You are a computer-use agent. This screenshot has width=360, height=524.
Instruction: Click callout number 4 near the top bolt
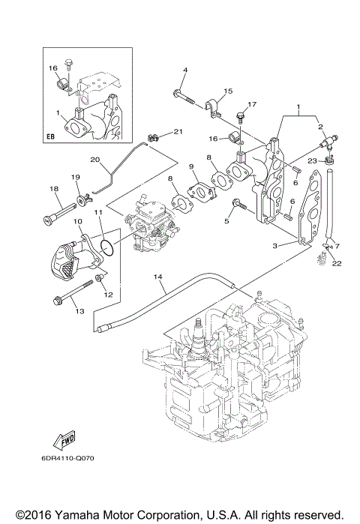pyautogui.click(x=184, y=71)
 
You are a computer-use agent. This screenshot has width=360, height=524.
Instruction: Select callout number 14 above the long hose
pyautogui.click(x=158, y=277)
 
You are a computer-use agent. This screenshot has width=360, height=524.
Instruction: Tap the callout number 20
pyautogui.click(x=95, y=160)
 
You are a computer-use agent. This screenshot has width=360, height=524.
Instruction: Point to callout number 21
pyautogui.click(x=178, y=132)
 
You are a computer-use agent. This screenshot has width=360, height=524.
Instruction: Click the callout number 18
pyautogui.click(x=54, y=189)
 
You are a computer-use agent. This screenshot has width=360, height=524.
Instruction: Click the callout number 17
pyautogui.click(x=252, y=104)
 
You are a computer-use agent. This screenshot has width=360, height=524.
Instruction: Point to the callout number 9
pyautogui.click(x=192, y=166)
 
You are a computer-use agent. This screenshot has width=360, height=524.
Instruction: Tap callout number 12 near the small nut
pyautogui.click(x=107, y=295)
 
